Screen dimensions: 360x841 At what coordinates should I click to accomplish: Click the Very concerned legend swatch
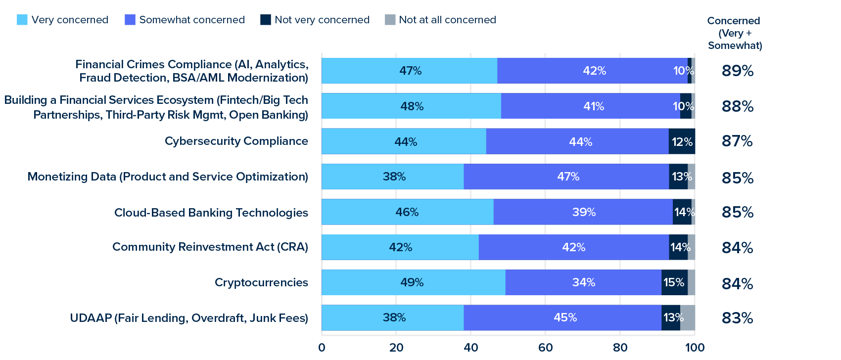pyautogui.click(x=22, y=20)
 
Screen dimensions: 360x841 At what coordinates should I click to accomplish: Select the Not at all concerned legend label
pyautogui.click(x=447, y=20)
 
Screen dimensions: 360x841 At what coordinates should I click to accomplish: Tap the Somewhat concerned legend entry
pyautogui.click(x=191, y=20)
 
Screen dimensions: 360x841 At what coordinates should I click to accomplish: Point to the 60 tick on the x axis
pyautogui.click(x=545, y=347)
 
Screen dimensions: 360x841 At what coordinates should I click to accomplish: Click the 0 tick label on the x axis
pyautogui.click(x=322, y=347)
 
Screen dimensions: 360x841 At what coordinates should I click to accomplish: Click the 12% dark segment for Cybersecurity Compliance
pyautogui.click(x=682, y=141)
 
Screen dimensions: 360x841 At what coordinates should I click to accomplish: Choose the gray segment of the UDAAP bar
pyautogui.click(x=688, y=317)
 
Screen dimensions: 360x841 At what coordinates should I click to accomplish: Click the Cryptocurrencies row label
pyautogui.click(x=261, y=282)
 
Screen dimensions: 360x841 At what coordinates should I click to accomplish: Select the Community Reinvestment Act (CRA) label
pyautogui.click(x=210, y=247)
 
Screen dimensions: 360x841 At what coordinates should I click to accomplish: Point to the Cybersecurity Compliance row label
pyautogui.click(x=236, y=141)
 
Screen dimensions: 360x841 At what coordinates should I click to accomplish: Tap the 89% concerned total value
pyautogui.click(x=737, y=71)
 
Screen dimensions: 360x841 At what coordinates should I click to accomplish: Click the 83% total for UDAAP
pyautogui.click(x=737, y=317)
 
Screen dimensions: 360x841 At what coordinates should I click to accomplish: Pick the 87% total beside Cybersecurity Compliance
pyautogui.click(x=737, y=141)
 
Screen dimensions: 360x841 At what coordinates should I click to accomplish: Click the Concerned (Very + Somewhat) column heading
pyautogui.click(x=735, y=33)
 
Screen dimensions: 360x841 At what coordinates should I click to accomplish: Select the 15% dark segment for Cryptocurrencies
pyautogui.click(x=674, y=282)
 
